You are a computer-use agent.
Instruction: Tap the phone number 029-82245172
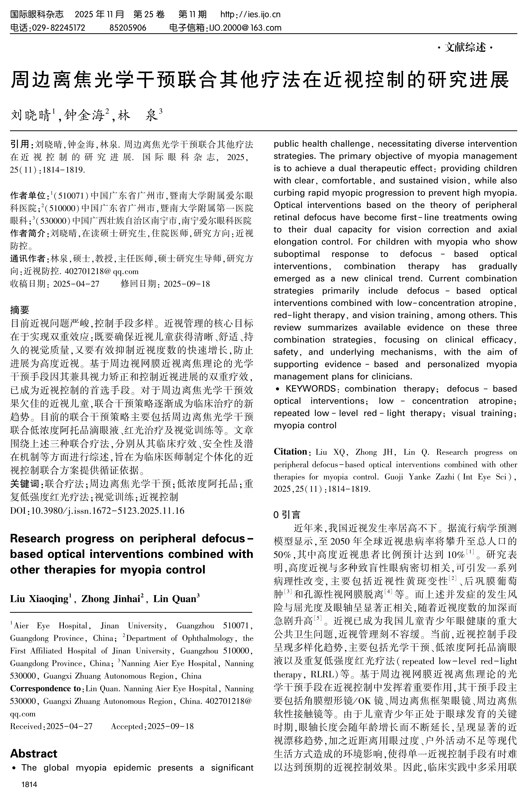pyautogui.click(x=58, y=27)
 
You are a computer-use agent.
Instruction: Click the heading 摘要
pyautogui.click(x=20, y=310)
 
